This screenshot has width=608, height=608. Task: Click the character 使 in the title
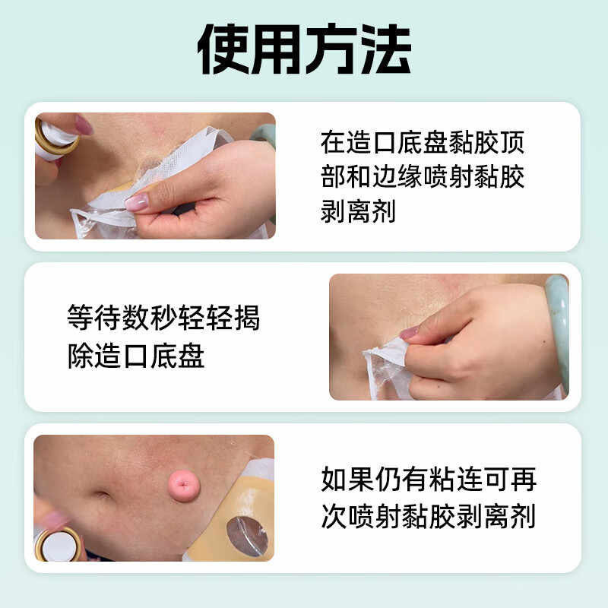(x=223, y=50)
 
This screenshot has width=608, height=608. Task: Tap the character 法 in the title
(x=384, y=50)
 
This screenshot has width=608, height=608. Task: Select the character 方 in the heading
(x=331, y=50)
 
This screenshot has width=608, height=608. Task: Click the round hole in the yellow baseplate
(x=247, y=535)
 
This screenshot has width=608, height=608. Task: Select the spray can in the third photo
(x=58, y=541)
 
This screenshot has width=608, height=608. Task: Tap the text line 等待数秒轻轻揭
(x=163, y=318)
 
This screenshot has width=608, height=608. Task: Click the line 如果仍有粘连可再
(x=429, y=480)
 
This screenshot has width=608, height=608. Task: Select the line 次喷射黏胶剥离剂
(x=429, y=516)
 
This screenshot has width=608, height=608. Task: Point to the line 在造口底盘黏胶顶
(x=423, y=141)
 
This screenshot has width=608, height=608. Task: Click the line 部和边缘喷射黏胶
(x=423, y=176)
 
